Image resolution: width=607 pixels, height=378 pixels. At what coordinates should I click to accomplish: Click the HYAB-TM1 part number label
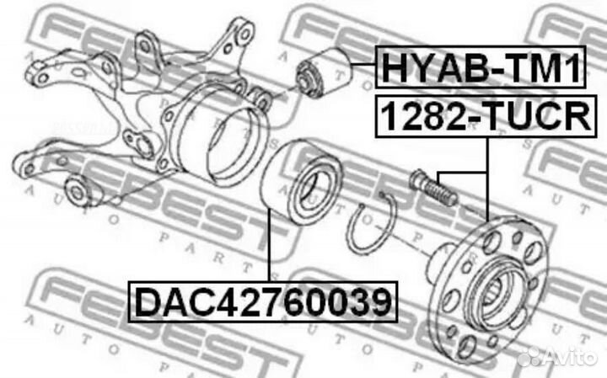tap(481, 67)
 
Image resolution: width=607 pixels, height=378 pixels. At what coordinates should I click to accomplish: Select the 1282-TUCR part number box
tap(486, 116)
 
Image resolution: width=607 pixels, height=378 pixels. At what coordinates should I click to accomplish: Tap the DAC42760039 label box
tap(263, 302)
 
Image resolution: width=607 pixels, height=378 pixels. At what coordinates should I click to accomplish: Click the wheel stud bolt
tap(433, 188)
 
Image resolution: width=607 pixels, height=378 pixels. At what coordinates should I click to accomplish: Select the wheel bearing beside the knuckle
tap(302, 182)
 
